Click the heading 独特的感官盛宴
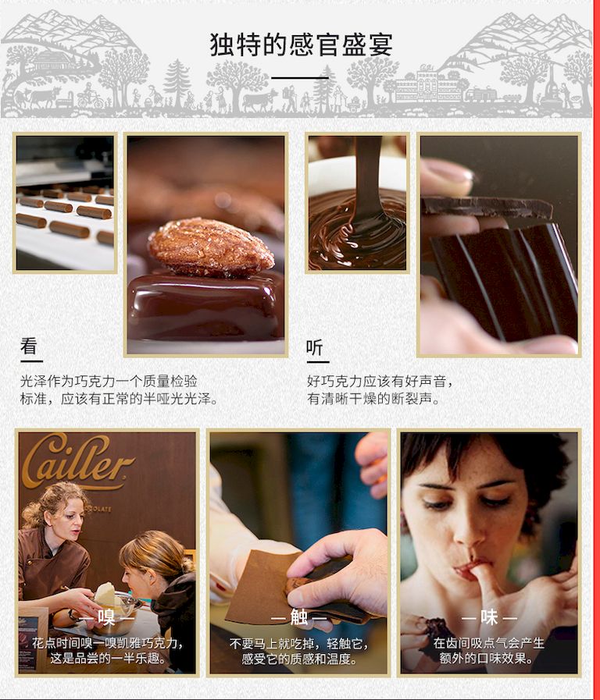(x=301, y=44)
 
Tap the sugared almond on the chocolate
(x=210, y=247)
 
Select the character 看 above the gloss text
(x=29, y=346)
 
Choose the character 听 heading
(x=315, y=347)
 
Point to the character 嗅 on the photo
(x=107, y=617)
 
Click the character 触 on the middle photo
(x=299, y=617)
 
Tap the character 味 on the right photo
(x=489, y=617)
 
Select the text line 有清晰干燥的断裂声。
(x=373, y=399)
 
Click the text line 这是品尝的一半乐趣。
(x=108, y=658)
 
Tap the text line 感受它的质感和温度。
(x=299, y=659)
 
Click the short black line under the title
(x=300, y=78)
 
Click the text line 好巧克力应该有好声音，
(x=380, y=382)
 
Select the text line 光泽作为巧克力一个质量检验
(x=109, y=382)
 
